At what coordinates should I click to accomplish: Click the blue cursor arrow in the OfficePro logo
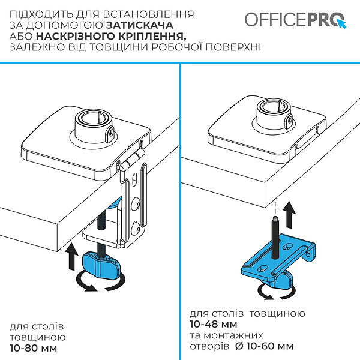click(x=341, y=24)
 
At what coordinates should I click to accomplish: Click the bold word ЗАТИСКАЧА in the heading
click(x=140, y=25)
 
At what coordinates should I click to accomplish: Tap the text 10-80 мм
click(x=34, y=348)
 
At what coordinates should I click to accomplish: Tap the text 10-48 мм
click(x=214, y=324)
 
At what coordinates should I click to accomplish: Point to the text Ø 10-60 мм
click(x=265, y=346)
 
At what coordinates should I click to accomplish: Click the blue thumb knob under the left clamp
click(x=101, y=264)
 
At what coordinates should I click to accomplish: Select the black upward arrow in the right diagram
click(x=289, y=215)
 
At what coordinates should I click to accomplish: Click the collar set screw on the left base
click(x=111, y=133)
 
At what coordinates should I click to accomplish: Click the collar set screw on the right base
click(x=290, y=119)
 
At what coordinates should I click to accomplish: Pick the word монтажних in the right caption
click(x=233, y=335)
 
